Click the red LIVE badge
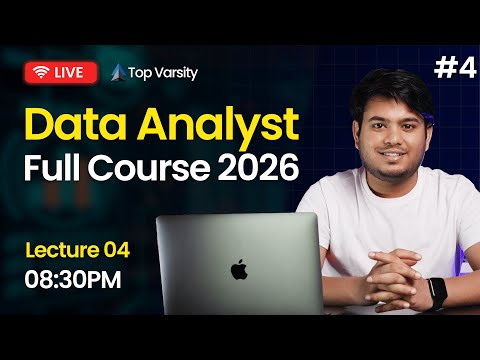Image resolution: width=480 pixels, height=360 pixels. (61, 72)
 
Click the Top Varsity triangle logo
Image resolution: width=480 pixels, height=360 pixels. (119, 72)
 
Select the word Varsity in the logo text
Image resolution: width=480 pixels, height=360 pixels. (176, 72)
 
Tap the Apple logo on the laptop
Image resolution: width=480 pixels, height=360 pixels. (238, 269)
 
